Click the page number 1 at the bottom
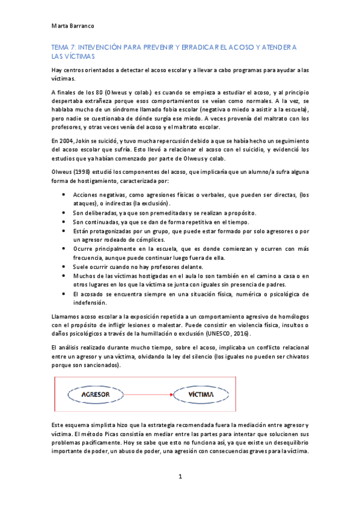pyautogui.click(x=180, y=476)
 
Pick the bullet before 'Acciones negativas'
pyautogui.click(x=64, y=195)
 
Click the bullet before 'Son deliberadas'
pyautogui.click(x=64, y=213)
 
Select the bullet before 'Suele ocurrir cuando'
pyautogui.click(x=64, y=266)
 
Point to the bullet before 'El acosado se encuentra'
pyautogui.click(x=64, y=293)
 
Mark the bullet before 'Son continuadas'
pyautogui.click(x=64, y=222)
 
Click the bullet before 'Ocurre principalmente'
pyautogui.click(x=64, y=248)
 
